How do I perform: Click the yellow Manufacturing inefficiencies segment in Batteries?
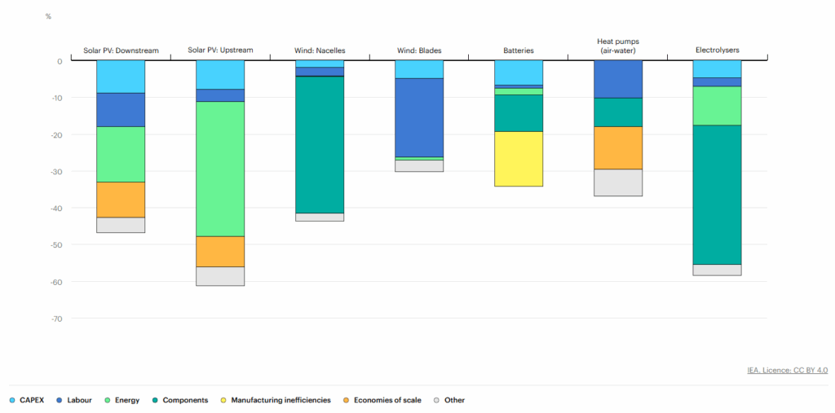coord(519,159)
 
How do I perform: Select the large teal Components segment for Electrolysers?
coord(718,195)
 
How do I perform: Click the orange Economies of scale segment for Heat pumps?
coord(618,148)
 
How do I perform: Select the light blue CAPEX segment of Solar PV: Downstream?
coord(121,77)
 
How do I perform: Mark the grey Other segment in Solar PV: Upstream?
coord(220,276)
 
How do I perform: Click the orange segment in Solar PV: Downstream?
coord(121,200)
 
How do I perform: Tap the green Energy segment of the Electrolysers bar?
coord(718,106)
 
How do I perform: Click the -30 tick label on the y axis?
coord(55,171)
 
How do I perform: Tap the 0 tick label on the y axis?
coord(59,61)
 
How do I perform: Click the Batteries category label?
coord(519,51)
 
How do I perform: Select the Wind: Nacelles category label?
coord(320,51)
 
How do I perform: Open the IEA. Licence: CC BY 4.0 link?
coord(787,371)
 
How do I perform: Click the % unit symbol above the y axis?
coord(49,16)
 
